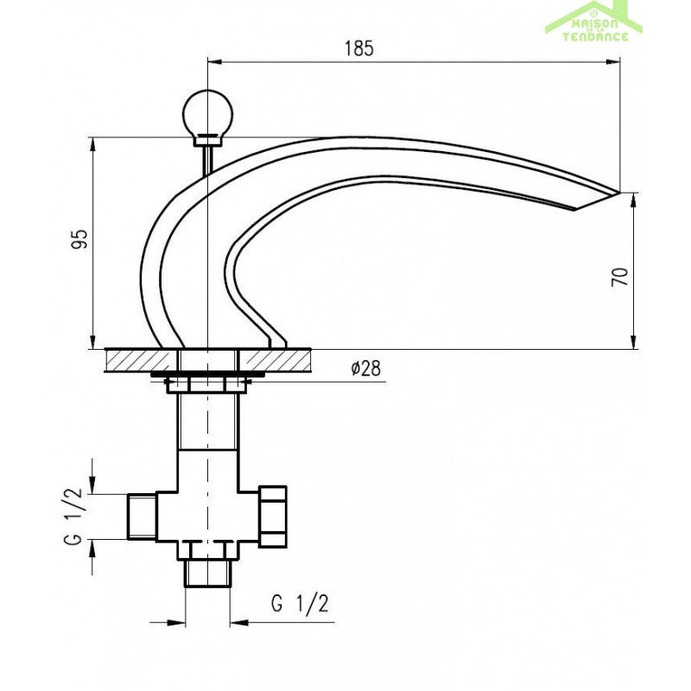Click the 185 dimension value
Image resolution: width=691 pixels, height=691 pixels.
tap(358, 48)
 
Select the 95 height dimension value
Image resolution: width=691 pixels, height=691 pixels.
tap(79, 239)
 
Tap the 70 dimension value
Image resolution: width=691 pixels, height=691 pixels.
tap(619, 276)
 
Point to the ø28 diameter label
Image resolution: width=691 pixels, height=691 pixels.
tap(365, 369)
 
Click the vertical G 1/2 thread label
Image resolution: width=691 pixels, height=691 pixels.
tap(73, 516)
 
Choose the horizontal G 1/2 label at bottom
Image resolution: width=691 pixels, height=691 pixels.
tap(300, 603)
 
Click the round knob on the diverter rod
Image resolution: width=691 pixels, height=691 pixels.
tap(207, 112)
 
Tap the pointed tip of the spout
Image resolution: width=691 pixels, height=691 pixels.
tap(619, 193)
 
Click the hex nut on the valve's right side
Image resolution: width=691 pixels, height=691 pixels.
tap(273, 517)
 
